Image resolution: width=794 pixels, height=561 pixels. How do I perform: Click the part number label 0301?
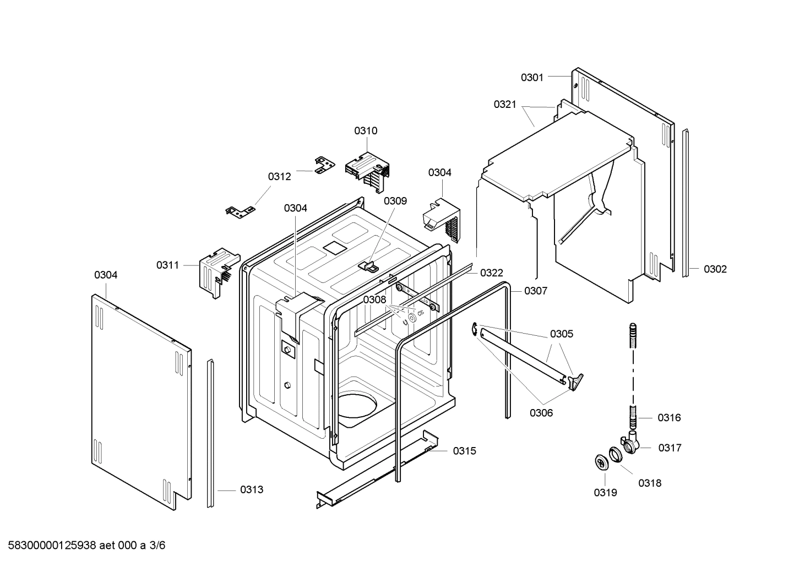point(532,78)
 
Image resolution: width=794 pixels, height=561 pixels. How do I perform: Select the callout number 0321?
point(504,105)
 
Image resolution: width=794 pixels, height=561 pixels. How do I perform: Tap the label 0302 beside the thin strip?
point(715,269)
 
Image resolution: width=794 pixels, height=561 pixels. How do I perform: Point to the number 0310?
point(366,131)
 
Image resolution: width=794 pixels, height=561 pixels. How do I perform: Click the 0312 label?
point(279,177)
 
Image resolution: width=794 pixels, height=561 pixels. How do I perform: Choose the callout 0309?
point(395,201)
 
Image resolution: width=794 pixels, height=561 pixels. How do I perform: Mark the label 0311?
point(167,265)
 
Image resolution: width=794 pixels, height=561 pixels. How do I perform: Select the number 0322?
point(491,273)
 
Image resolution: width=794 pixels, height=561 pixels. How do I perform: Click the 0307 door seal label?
point(536,291)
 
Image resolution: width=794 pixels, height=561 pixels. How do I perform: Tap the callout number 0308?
point(374,299)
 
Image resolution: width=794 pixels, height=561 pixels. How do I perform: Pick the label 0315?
point(465,451)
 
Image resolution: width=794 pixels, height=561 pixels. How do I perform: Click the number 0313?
point(252,489)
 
